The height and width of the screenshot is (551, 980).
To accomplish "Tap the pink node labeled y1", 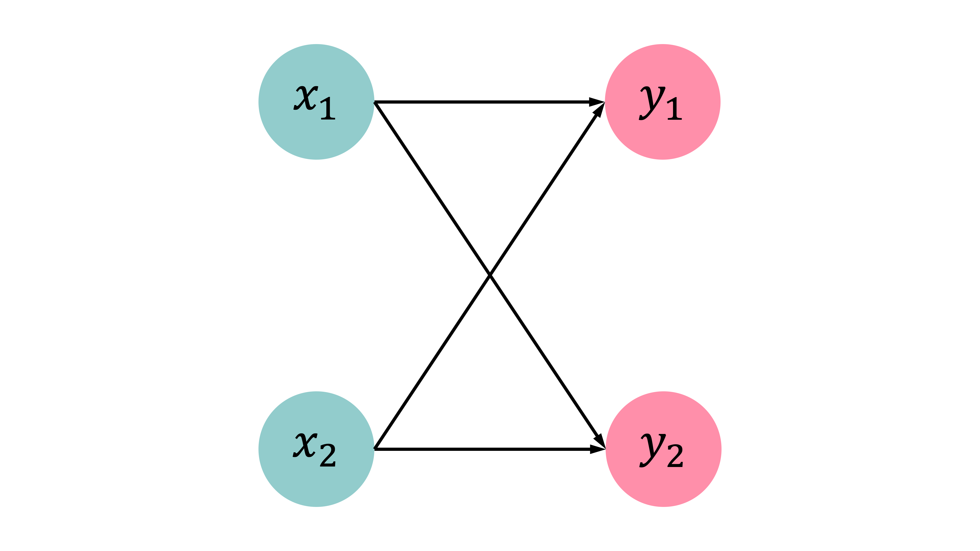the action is coord(663,102).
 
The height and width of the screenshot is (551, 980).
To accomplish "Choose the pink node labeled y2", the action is coord(663,449).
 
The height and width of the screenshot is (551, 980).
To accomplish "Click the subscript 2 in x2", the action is coord(328,455).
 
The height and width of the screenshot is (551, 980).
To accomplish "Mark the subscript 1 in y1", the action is coord(674,108).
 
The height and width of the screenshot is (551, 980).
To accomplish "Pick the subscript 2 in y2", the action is coord(675,455).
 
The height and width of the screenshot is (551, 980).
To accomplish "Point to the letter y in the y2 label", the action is coord(653,450).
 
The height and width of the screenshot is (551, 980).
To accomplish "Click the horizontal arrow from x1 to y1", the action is coord(490,102).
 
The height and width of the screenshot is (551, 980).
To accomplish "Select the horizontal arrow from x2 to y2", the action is coord(490,449).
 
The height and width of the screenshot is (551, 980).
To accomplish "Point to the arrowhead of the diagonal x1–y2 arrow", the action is coord(600,440).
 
